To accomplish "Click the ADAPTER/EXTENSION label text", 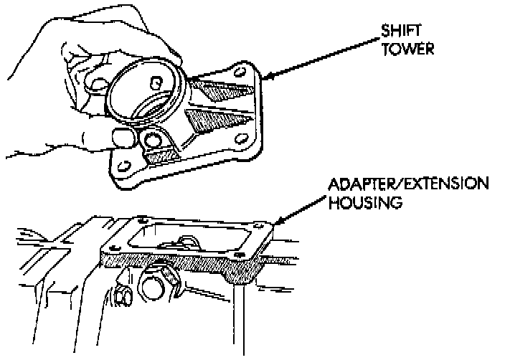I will coord(407,186).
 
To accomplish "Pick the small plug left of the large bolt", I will coord(121,294).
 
